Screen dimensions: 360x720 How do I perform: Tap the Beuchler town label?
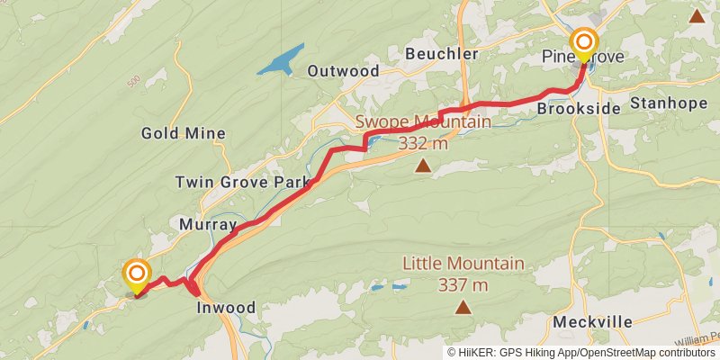coord(441,54)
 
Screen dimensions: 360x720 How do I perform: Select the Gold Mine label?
coord(183,133)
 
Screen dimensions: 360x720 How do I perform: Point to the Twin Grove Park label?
coord(241,182)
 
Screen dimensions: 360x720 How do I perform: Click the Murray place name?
coord(208,224)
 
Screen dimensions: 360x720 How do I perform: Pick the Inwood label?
coord(226,308)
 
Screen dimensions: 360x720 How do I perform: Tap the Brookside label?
coord(579,108)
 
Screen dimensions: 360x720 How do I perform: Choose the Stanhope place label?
coord(669,103)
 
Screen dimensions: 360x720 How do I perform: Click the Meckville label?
coord(593,321)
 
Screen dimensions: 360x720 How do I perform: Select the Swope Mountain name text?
coord(423,122)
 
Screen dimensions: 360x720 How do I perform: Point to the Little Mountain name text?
coord(463,264)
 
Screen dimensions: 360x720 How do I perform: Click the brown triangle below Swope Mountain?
coord(423,166)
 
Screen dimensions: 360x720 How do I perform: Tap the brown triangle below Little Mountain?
coord(463,308)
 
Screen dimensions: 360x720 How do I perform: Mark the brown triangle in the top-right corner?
coord(697,15)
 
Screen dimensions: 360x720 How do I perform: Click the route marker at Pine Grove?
coord(584,43)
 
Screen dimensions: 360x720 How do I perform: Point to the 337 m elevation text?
coord(463,285)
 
